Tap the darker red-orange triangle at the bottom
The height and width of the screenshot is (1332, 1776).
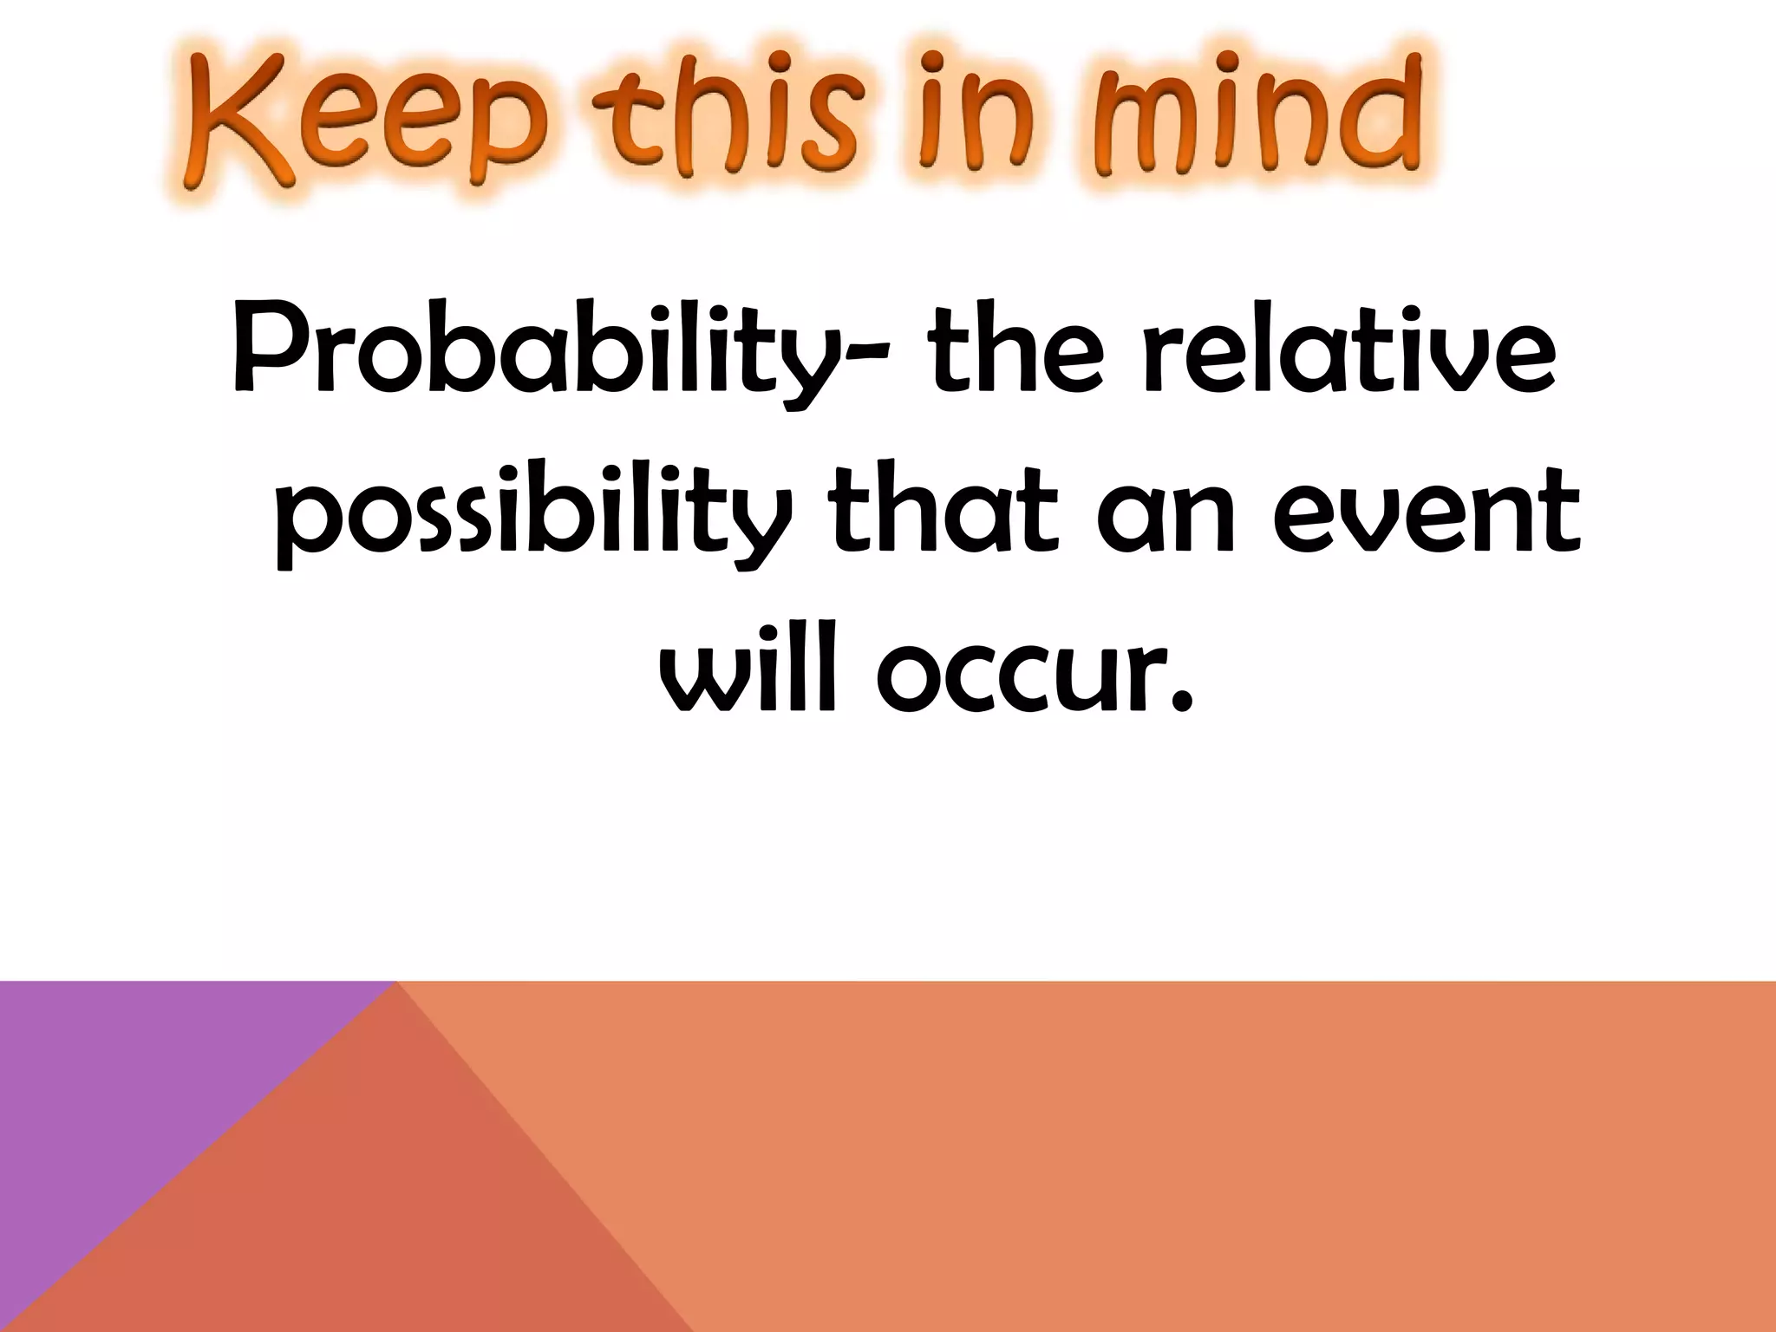click(x=364, y=1214)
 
